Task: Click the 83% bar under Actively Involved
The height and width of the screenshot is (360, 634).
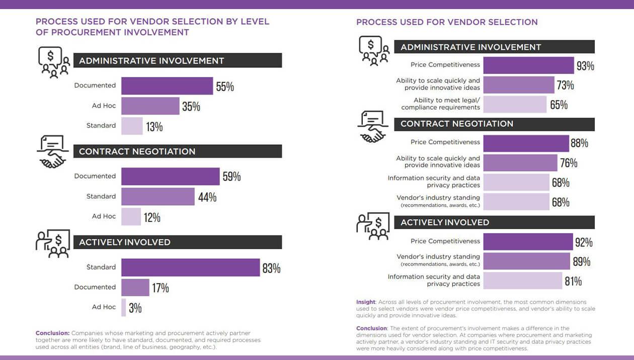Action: (x=190, y=267)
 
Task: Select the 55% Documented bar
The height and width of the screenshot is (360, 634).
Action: (x=167, y=86)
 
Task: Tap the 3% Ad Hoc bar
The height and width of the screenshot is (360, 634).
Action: (x=124, y=307)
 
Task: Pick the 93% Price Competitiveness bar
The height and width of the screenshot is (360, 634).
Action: (x=528, y=65)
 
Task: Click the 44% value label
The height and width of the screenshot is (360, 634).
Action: (x=207, y=197)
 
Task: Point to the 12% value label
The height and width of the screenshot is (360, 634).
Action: (x=152, y=217)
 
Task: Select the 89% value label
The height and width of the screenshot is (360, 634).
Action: (x=581, y=261)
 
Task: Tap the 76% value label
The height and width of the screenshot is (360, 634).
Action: (x=569, y=163)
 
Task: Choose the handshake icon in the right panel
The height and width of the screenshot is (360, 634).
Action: (x=372, y=127)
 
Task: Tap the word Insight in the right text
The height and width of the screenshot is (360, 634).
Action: (x=365, y=302)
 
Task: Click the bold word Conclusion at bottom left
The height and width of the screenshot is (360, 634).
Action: (x=52, y=333)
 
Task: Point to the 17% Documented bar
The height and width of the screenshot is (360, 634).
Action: (x=135, y=288)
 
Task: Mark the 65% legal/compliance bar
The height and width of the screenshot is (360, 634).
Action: (x=515, y=104)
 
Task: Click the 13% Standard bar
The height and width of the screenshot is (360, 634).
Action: (x=132, y=126)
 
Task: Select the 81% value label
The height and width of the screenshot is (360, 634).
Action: (x=573, y=281)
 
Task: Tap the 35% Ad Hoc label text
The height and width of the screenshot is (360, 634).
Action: (x=104, y=106)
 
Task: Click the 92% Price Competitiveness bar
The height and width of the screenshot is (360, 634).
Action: (x=528, y=242)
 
